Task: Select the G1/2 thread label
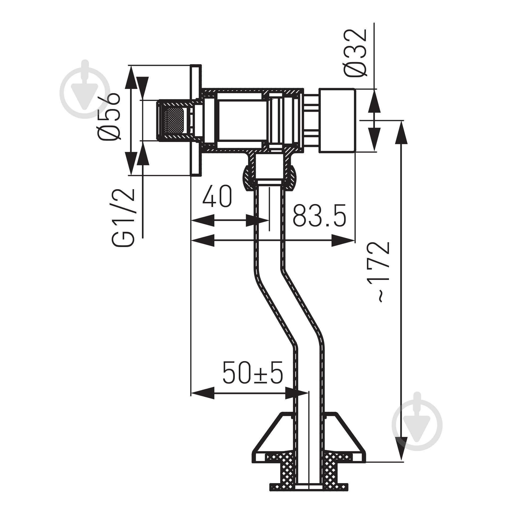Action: [x=123, y=218]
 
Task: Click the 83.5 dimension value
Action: [x=320, y=215]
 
